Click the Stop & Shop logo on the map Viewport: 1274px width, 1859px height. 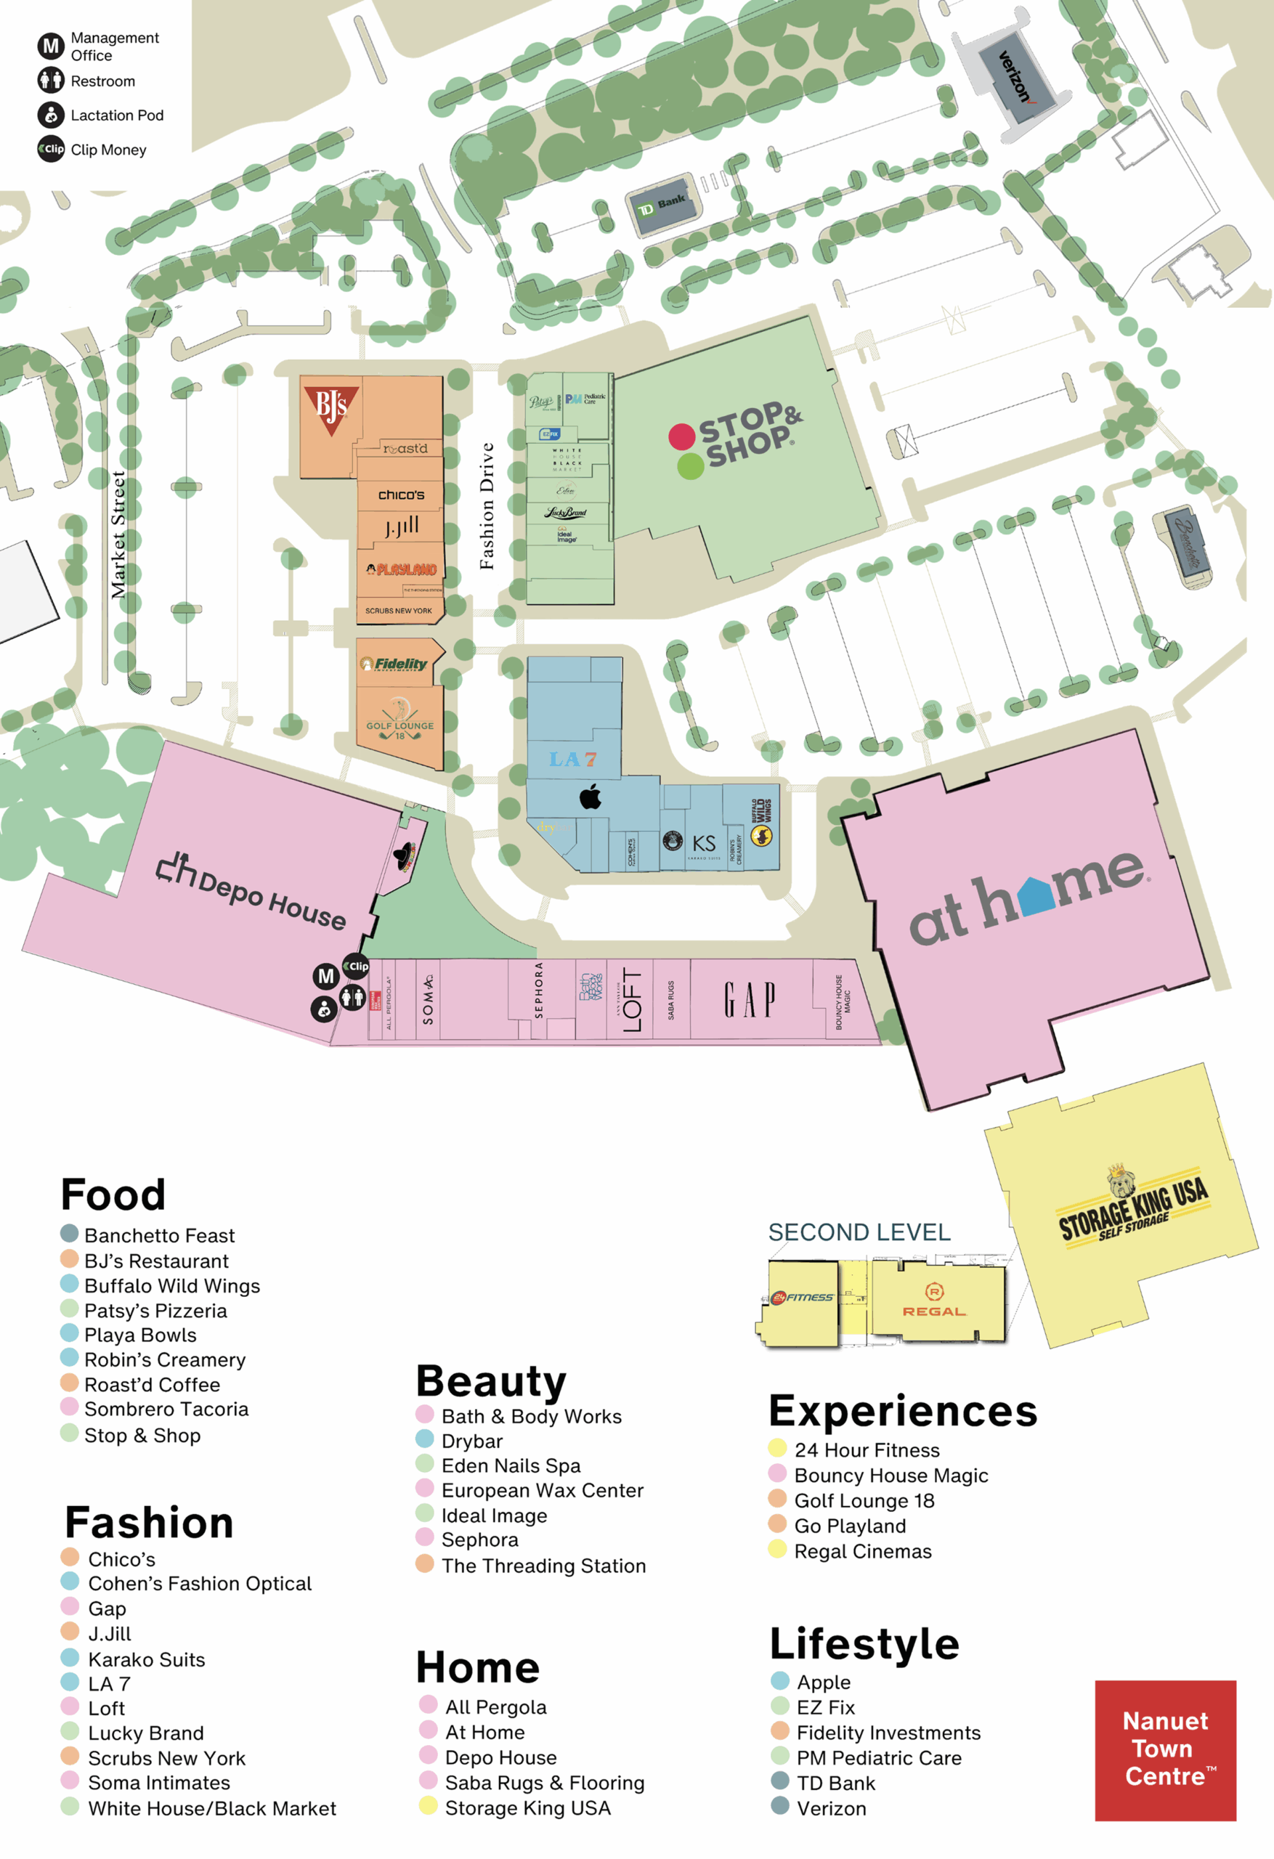coord(734,439)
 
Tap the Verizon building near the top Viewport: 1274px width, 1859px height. coord(1014,78)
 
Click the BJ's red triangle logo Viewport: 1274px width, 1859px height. coord(330,409)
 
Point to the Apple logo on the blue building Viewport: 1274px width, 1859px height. coord(591,797)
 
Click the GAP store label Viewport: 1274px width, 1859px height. coord(749,1000)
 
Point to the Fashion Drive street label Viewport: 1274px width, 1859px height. coord(487,505)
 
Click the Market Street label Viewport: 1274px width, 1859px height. coord(118,534)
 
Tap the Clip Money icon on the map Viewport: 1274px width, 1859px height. coord(356,967)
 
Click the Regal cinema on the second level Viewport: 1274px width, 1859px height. coord(935,1300)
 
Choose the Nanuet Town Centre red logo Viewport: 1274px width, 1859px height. coord(1165,1749)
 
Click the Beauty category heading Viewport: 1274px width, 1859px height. coord(490,1380)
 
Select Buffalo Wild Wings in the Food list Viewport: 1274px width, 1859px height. coord(172,1285)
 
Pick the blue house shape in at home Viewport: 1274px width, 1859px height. coord(1038,896)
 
